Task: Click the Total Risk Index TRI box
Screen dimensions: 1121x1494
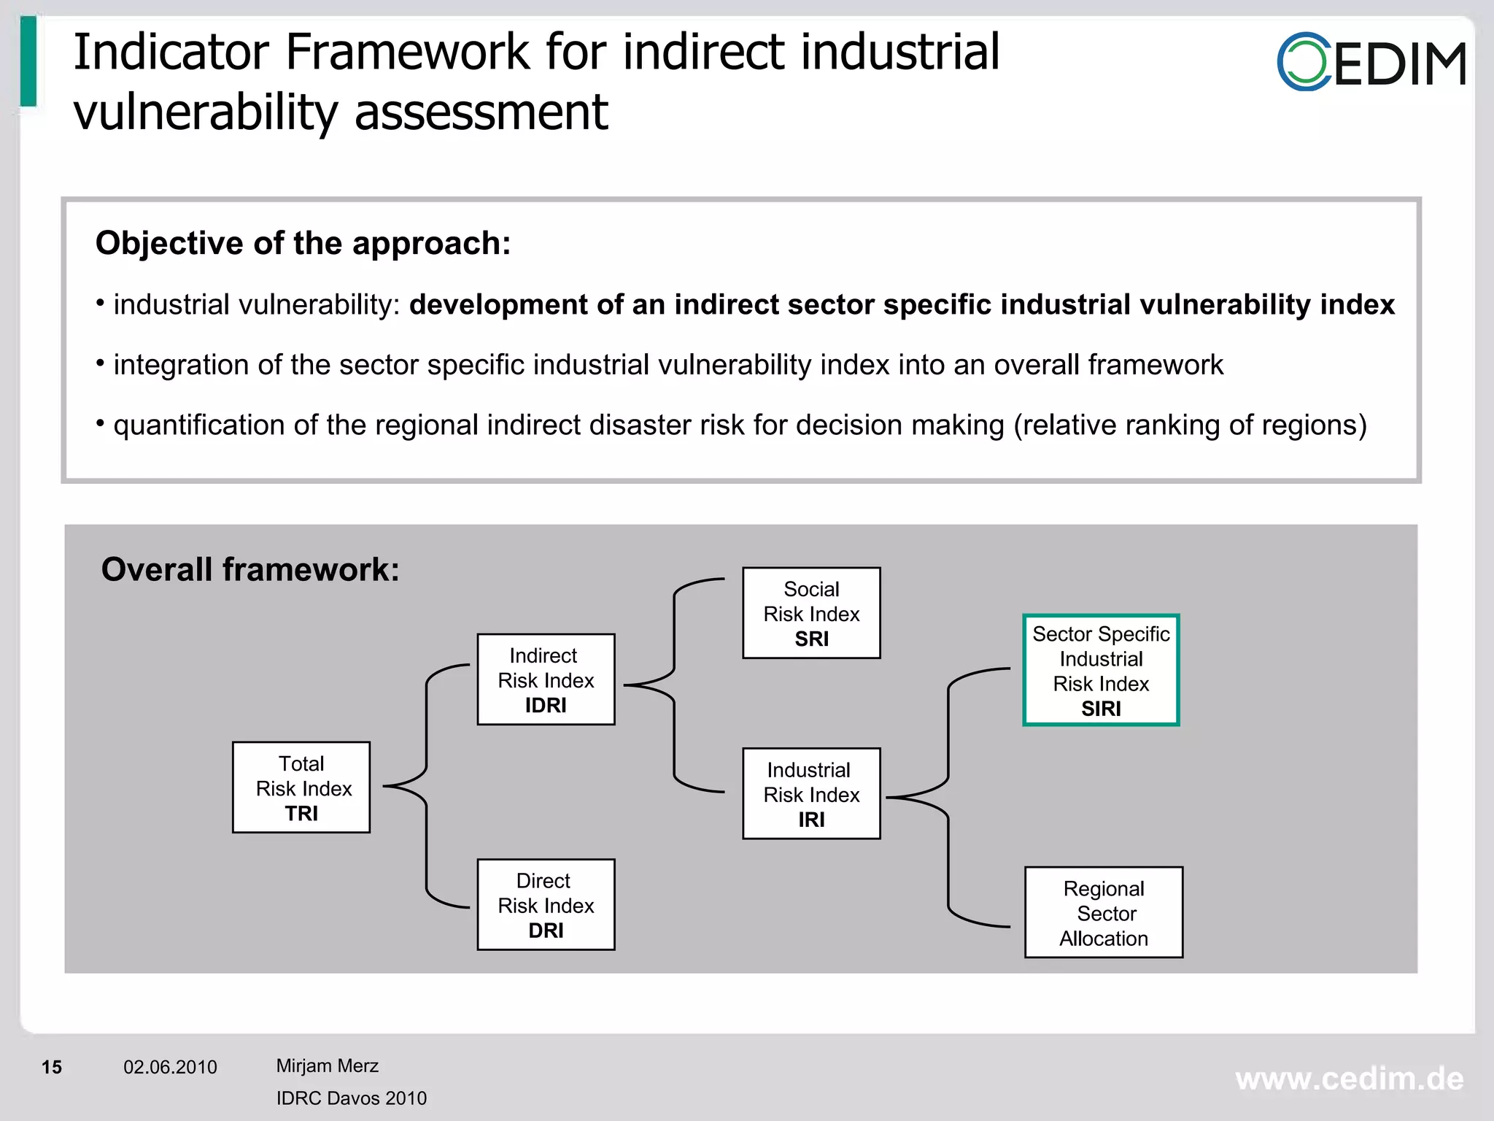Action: click(x=301, y=787)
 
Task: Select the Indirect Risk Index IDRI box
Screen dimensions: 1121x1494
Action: click(x=546, y=679)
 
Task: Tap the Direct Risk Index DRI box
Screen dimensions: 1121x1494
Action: click(x=546, y=905)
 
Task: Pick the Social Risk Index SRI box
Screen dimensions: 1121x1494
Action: click(x=811, y=613)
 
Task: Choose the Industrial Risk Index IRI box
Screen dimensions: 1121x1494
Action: click(x=811, y=794)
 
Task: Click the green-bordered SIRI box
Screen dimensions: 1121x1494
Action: click(x=1101, y=670)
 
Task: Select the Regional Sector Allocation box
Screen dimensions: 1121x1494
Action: click(x=1104, y=912)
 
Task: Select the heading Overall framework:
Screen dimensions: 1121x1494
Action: click(x=250, y=569)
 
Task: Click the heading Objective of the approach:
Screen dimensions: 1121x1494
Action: click(x=303, y=243)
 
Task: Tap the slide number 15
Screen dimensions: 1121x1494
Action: click(x=52, y=1067)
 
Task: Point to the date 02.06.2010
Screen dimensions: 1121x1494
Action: click(x=170, y=1067)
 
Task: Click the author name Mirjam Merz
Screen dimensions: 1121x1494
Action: click(x=327, y=1066)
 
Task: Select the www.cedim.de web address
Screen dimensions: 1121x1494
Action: click(x=1349, y=1079)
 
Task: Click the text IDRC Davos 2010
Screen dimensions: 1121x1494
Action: click(x=351, y=1098)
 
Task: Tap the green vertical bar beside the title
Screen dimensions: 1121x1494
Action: click(x=28, y=61)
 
